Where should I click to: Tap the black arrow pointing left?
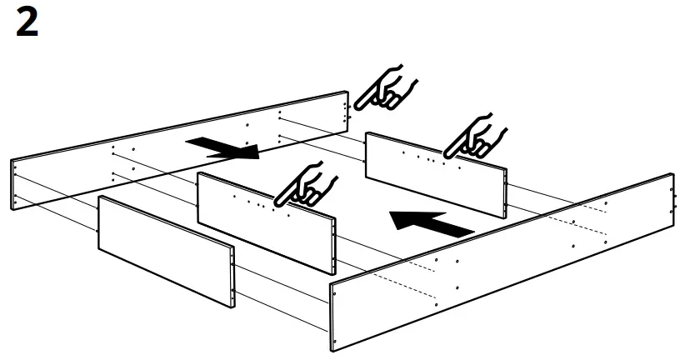pos(430,222)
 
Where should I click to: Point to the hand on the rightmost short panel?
pos(476,137)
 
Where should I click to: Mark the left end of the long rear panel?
pos(15,184)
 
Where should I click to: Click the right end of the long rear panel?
pos(344,111)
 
